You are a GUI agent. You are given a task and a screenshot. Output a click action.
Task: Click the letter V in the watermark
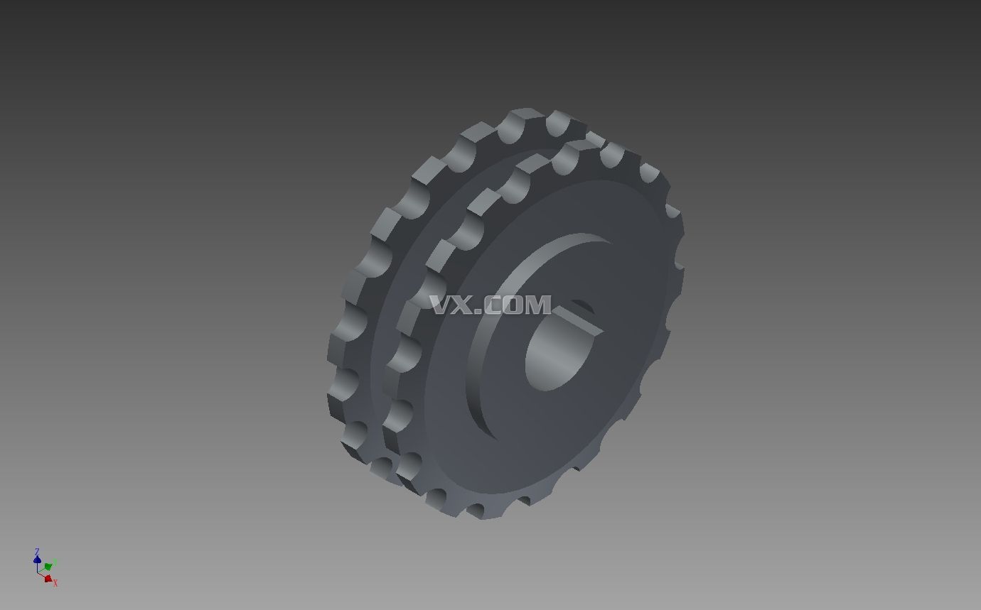[441, 305]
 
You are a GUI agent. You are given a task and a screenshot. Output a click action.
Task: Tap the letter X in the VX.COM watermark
[464, 305]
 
